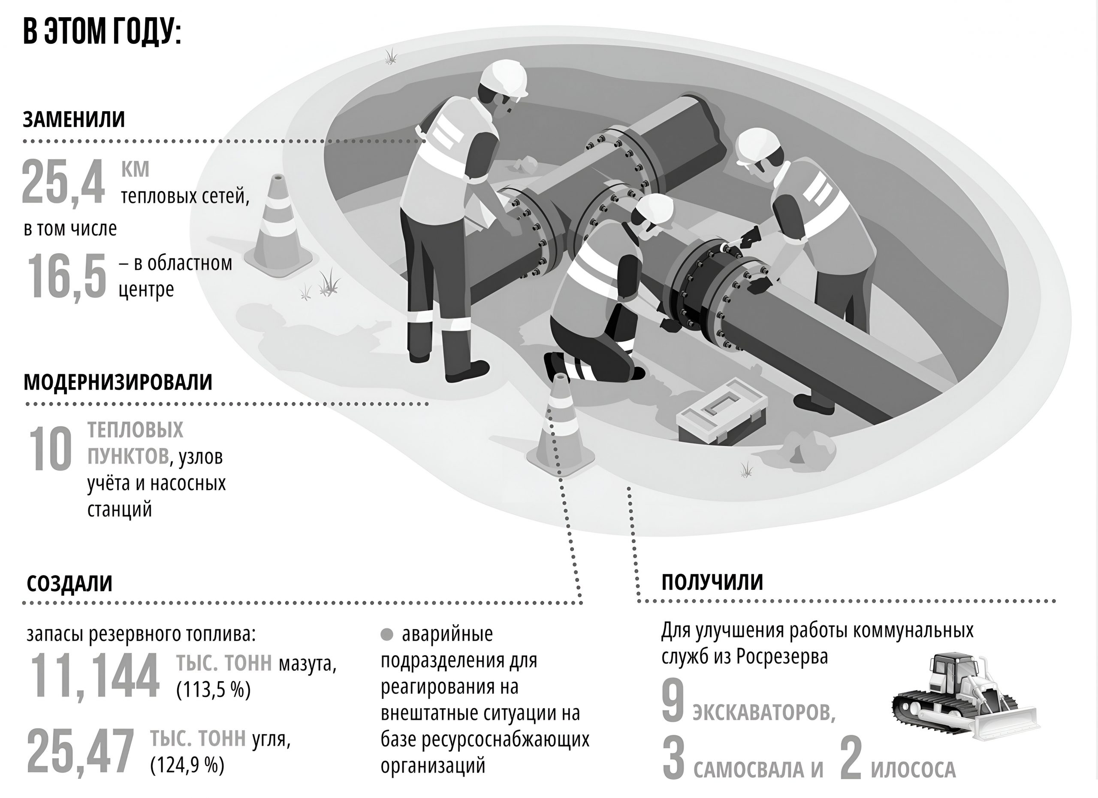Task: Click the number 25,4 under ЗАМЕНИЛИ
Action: [x=63, y=183]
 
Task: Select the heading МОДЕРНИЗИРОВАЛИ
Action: [x=118, y=382]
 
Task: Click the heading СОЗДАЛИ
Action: [x=69, y=584]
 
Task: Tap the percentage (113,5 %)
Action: [x=214, y=689]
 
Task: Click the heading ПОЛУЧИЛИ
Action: [x=712, y=582]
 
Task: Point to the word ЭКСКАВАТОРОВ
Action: [x=764, y=713]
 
